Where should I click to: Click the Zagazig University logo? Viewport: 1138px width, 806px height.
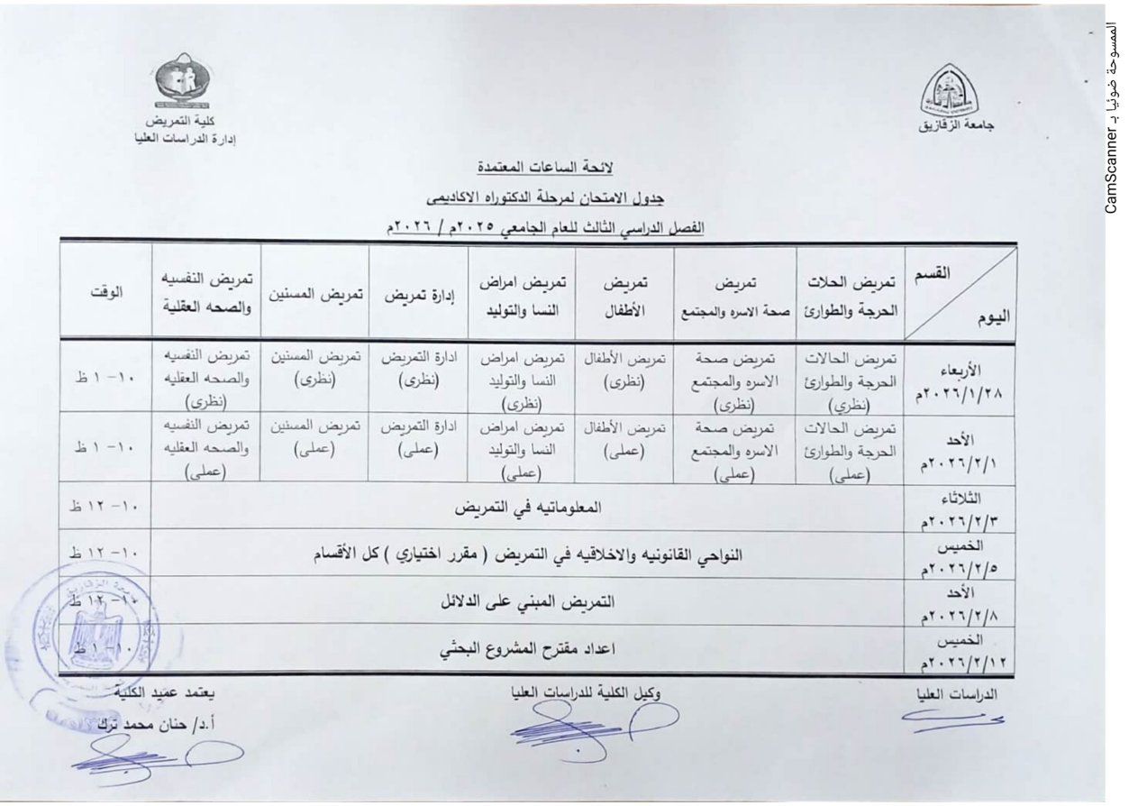click(954, 92)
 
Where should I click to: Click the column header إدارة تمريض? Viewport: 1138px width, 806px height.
click(418, 295)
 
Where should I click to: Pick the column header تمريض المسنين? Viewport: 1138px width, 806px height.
click(314, 294)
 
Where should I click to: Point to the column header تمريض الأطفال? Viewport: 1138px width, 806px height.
click(624, 294)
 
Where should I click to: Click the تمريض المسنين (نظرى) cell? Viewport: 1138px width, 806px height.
click(315, 370)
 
